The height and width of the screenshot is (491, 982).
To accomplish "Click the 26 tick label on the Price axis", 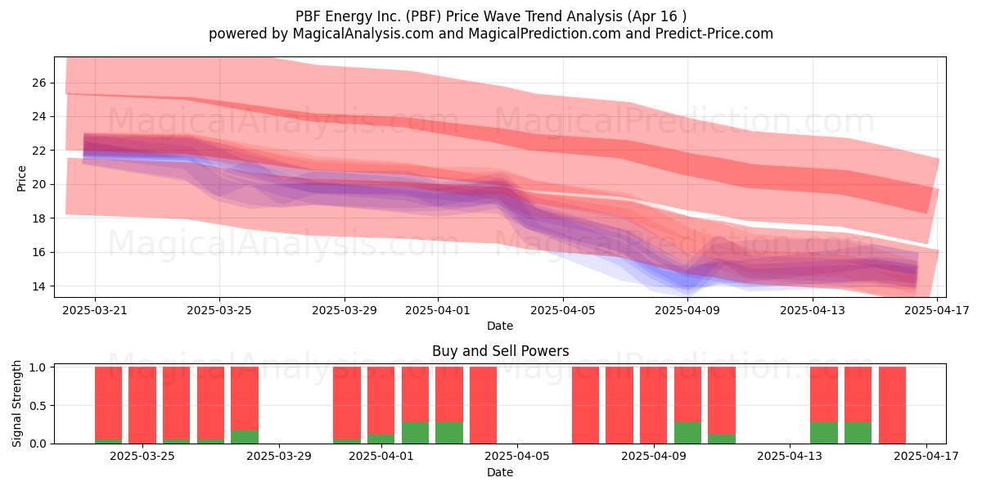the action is (x=38, y=83).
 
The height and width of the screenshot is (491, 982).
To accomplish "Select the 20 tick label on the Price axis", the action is (x=38, y=185).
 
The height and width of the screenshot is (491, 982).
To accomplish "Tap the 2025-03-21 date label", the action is (x=95, y=310).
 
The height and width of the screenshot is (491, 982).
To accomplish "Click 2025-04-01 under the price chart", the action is (x=438, y=310).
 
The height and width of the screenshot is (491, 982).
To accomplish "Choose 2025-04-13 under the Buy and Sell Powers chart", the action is (x=790, y=456).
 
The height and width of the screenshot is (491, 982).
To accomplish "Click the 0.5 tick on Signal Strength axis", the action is (x=38, y=406).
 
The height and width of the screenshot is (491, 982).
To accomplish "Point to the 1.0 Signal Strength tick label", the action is (x=38, y=367).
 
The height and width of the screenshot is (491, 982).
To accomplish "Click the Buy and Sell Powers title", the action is (x=500, y=351).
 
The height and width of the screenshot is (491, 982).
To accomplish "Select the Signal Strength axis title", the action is (x=16, y=403).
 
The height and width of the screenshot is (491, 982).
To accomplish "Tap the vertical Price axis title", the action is (x=21, y=178).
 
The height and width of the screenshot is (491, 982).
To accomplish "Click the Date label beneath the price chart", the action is (x=500, y=326).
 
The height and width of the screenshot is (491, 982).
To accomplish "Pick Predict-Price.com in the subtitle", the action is (x=714, y=34).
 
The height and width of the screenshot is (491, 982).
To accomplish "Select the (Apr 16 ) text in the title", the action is (x=656, y=16).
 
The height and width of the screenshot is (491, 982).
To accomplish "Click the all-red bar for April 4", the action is (x=483, y=405).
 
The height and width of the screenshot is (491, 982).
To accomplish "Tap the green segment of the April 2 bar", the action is (x=415, y=433).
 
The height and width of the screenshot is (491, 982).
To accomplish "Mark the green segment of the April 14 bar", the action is (x=824, y=433).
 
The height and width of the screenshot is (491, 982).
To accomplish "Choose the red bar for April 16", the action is (x=892, y=405).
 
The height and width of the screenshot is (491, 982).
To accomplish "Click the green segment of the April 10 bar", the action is (x=687, y=433).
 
